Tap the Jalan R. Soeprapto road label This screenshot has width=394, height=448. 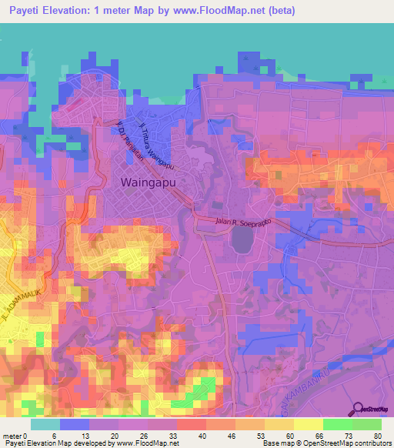pos(243,224)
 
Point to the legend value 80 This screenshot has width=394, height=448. pos(378,436)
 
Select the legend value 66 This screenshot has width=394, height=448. pos(319,436)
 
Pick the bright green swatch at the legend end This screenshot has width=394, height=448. pos(366,424)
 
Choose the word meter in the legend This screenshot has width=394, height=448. pos(13,436)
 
